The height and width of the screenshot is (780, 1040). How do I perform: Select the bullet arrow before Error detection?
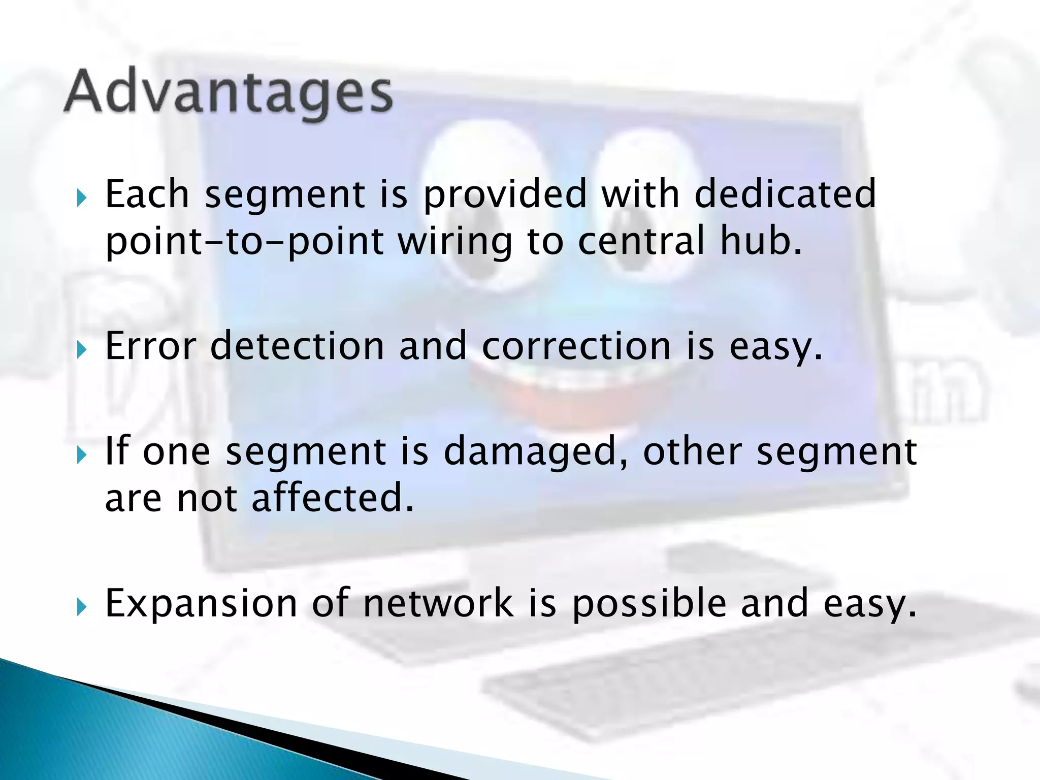(82, 350)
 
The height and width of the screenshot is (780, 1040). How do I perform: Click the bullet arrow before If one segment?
(82, 455)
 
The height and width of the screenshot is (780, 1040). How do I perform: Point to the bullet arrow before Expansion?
(82, 606)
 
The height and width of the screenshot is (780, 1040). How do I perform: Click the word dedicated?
(785, 194)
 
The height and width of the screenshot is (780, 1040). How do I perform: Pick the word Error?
(150, 346)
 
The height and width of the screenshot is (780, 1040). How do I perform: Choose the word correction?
(576, 346)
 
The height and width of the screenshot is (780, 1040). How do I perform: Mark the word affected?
(333, 498)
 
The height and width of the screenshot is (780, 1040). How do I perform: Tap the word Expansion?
(201, 604)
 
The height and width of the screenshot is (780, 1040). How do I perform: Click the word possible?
(649, 604)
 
